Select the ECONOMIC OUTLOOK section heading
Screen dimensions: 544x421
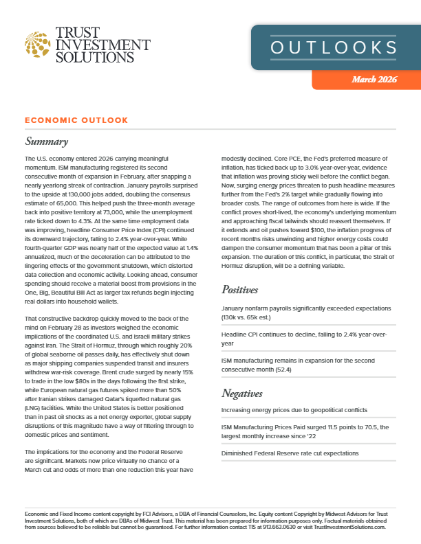[76, 120]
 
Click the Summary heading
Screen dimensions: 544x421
[46, 142]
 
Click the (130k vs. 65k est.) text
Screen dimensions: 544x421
[251, 318]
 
